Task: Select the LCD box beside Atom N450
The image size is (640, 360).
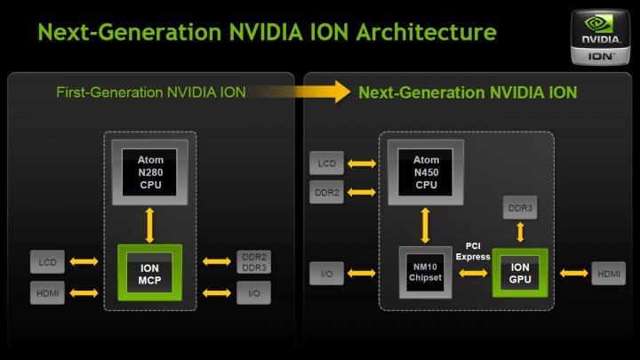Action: (x=325, y=164)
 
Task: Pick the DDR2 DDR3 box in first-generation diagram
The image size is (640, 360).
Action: (x=253, y=261)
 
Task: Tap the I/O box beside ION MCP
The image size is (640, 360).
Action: (x=253, y=292)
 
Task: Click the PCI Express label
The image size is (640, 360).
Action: (x=473, y=252)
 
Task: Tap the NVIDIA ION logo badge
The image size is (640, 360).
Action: (x=602, y=37)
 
